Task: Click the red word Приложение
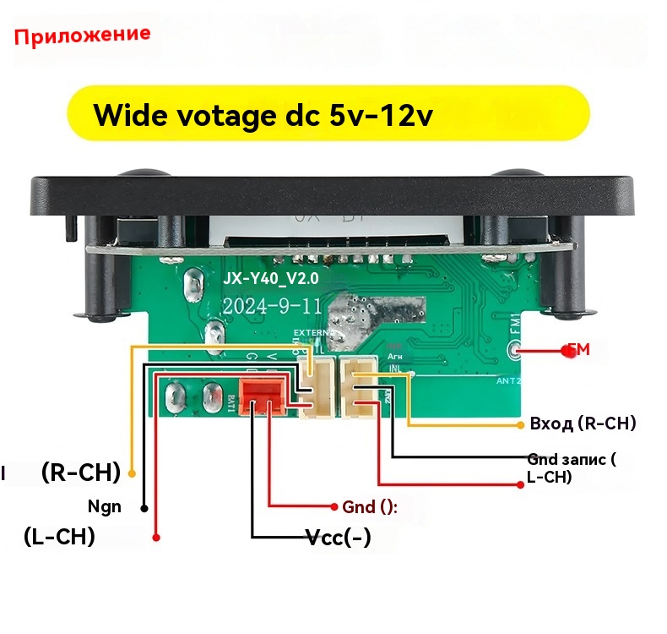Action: point(82,36)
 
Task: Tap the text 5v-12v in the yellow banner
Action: point(377,115)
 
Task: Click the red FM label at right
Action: point(578,349)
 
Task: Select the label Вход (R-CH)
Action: point(583,423)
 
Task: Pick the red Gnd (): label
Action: point(369,506)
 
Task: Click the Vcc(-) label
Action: point(338,536)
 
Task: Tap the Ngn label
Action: point(105,507)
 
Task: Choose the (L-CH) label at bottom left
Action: point(59,537)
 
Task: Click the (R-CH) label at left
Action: point(81,472)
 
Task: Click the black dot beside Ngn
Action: point(144,508)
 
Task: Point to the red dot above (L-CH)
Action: point(157,535)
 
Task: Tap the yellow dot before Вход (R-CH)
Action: point(519,423)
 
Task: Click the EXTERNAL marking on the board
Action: point(313,333)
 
